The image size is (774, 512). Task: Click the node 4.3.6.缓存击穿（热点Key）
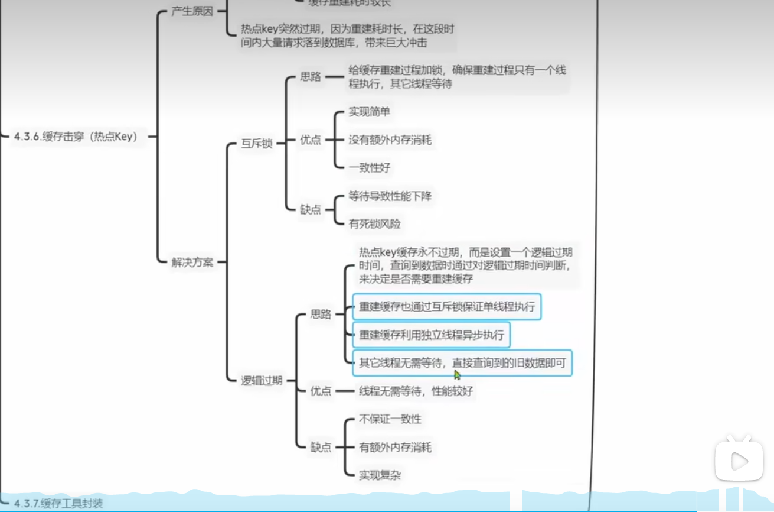[x=76, y=137]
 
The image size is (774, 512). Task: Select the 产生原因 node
[x=192, y=11]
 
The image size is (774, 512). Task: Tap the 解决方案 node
[x=192, y=263]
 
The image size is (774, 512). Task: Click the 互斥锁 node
[x=257, y=144]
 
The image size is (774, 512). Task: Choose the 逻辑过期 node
[x=262, y=381]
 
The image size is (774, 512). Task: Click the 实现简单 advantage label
[x=369, y=112]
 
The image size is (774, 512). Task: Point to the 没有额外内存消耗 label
[x=390, y=140]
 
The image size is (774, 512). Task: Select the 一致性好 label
[x=369, y=168]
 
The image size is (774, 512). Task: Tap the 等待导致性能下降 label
[x=390, y=196]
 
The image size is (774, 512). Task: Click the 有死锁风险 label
[x=374, y=223]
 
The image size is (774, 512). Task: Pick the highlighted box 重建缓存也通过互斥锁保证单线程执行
[x=446, y=307]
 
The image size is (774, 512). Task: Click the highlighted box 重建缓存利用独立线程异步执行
[x=431, y=335]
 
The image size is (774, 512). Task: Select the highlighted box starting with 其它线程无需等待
[x=462, y=363]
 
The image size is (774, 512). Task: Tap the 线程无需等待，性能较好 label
[x=416, y=391]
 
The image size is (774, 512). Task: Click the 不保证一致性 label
[x=390, y=419]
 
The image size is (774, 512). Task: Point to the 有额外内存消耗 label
[x=395, y=447]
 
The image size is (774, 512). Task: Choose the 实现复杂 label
[x=379, y=475]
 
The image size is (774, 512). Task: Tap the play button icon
[x=738, y=459]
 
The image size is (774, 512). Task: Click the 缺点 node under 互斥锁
[x=311, y=209]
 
